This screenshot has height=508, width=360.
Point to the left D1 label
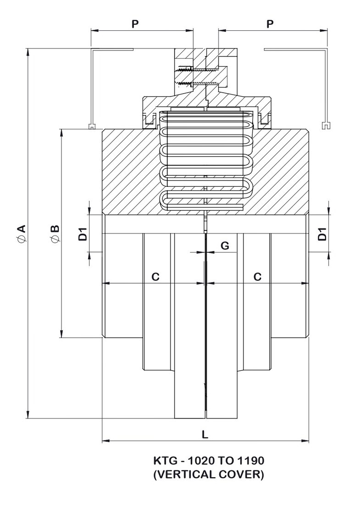83,233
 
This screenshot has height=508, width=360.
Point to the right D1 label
323,233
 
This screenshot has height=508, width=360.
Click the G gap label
225,246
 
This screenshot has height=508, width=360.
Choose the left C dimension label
155,276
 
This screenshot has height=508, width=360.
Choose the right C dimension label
258,276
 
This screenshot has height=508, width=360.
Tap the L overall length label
205,434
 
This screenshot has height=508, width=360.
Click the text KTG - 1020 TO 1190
208,460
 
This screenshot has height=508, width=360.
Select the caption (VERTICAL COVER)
208,475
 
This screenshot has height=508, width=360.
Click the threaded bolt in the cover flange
195,77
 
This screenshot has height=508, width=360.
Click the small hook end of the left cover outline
92,125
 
